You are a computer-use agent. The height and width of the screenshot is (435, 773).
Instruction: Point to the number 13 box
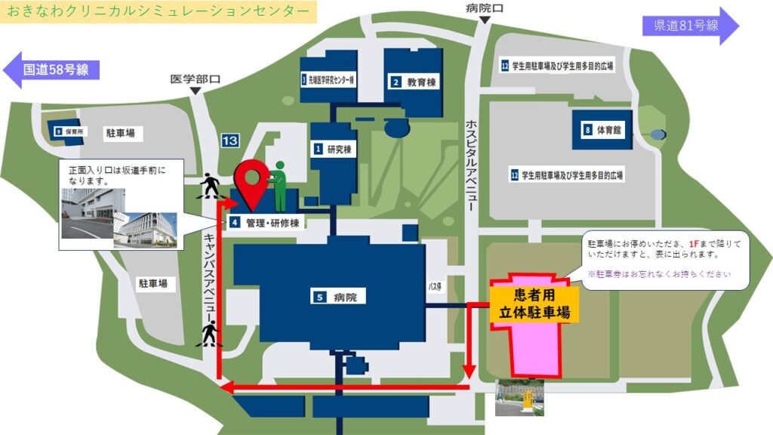(230, 140)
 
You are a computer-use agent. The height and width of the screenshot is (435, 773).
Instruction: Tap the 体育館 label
(605, 130)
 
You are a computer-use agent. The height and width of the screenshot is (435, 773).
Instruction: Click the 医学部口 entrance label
(195, 79)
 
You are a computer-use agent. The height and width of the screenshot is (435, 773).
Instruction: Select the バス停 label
(434, 287)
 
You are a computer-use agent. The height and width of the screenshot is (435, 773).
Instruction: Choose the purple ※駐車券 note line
(659, 273)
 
